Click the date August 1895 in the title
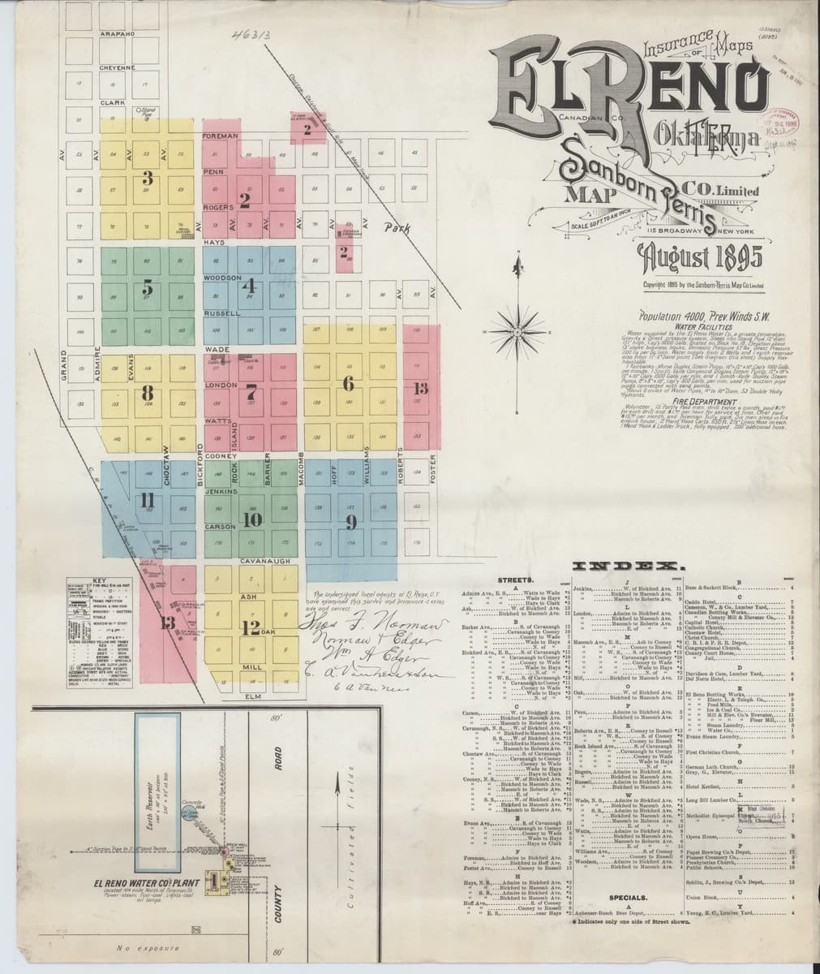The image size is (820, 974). [700, 259]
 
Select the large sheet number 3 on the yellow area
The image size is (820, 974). [147, 177]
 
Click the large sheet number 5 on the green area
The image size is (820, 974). [147, 287]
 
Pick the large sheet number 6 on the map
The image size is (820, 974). [349, 381]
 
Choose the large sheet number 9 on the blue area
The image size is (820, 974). [351, 520]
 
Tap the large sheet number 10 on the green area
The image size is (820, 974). [251, 519]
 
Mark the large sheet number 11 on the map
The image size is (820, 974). [147, 501]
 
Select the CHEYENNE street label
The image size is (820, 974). [118, 67]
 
